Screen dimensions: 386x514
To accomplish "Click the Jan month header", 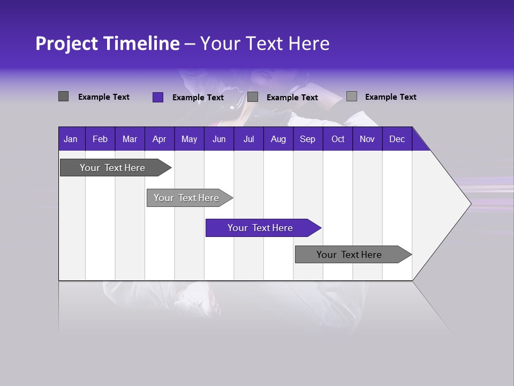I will tap(71, 139).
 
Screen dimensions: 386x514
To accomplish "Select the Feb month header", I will tap(100, 139).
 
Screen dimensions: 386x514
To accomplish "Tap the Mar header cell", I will tap(130, 139).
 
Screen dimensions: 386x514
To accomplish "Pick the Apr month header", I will tap(160, 139).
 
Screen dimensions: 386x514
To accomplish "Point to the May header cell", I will tap(189, 139).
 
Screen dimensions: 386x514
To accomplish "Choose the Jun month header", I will tap(219, 139).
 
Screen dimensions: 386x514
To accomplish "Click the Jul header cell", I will tap(248, 139).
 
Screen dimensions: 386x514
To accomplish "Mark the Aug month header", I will tap(278, 139).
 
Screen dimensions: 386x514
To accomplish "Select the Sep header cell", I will tap(308, 139).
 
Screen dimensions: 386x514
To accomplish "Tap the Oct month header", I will tap(338, 139).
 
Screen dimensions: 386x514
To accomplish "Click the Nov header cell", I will tap(367, 139).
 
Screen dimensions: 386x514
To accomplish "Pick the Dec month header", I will tap(397, 139).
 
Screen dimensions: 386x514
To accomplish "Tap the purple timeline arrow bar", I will tap(261, 228).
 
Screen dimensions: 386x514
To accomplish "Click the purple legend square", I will tap(158, 97).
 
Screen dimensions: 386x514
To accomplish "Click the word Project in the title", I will tap(66, 44).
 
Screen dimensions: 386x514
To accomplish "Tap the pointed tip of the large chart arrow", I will tap(469, 203).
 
